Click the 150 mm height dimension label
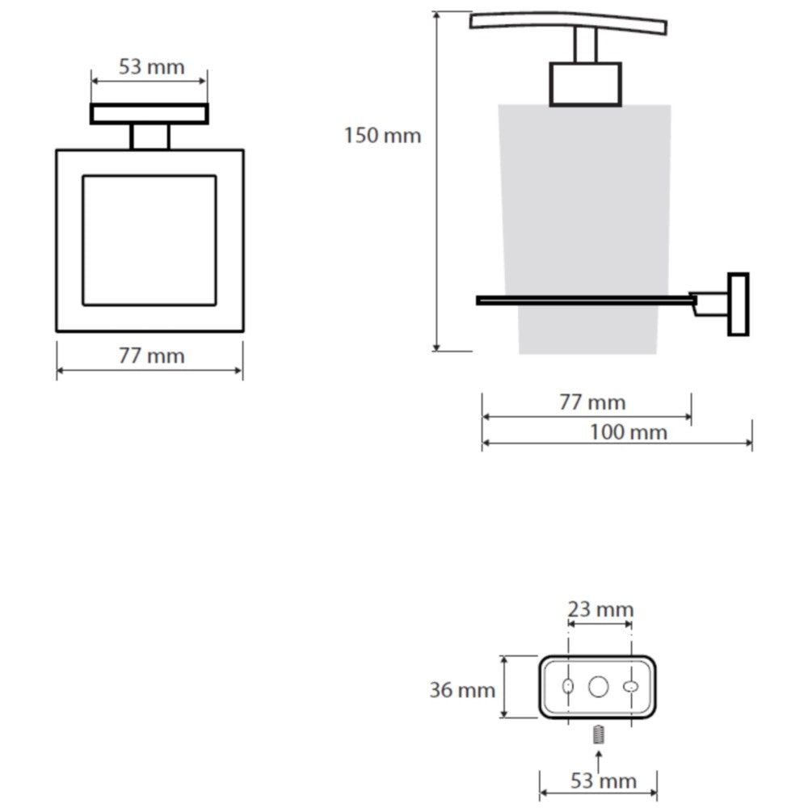[382, 136]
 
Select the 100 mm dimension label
[628, 432]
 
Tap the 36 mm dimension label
[462, 690]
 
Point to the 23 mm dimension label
[600, 609]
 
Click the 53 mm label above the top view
[152, 67]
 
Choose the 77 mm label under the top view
[152, 356]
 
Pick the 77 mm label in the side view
[592, 402]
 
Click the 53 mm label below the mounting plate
[604, 781]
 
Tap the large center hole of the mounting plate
[598, 687]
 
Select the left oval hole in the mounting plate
[568, 686]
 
